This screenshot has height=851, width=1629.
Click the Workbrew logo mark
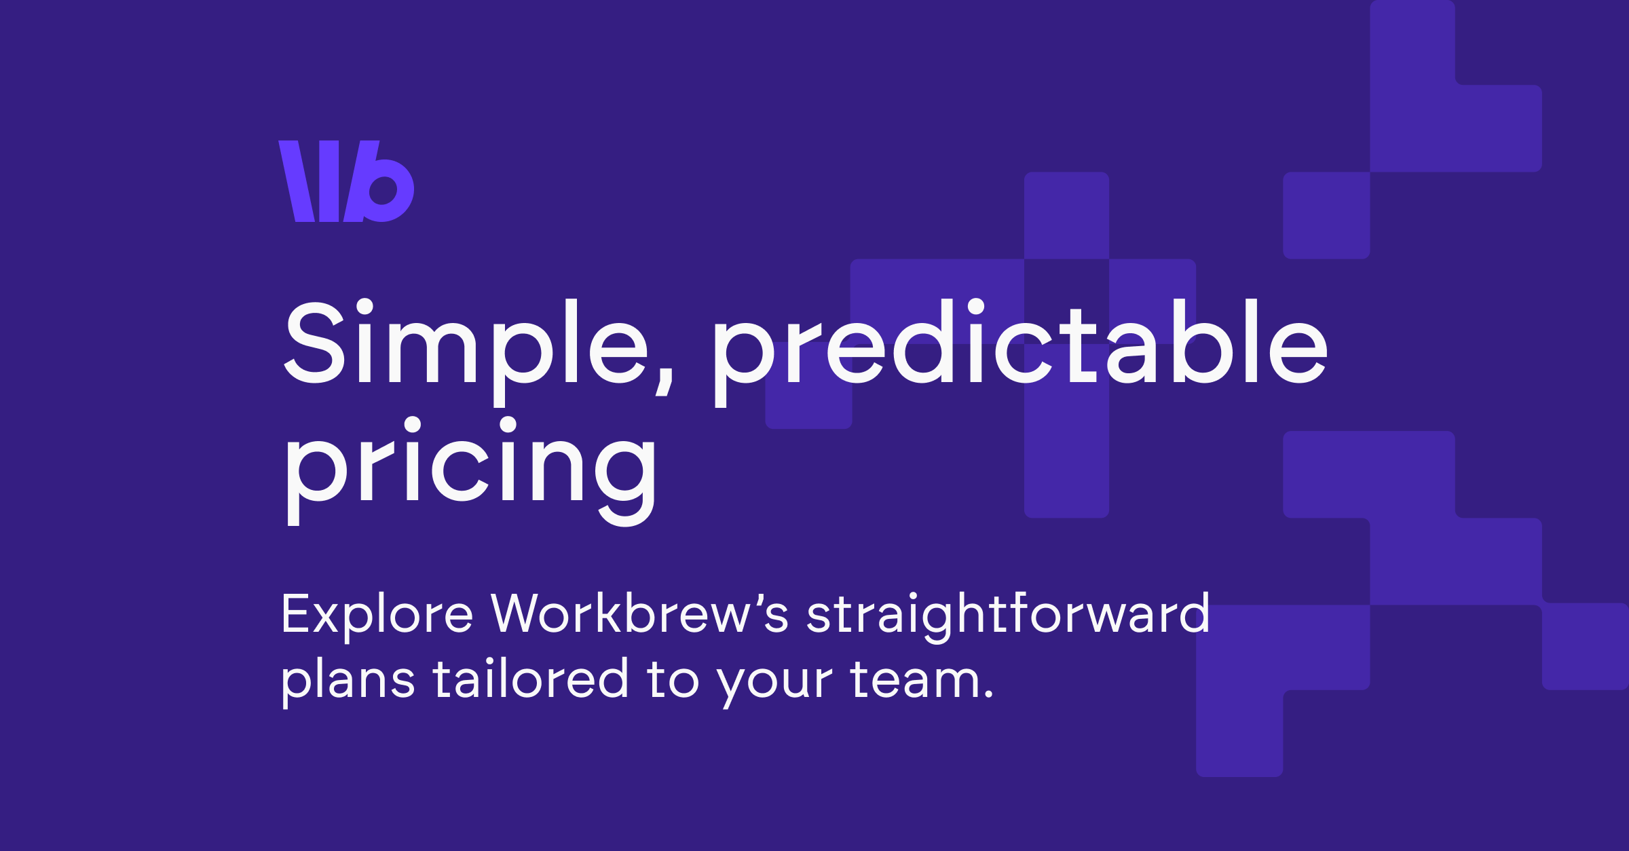(x=346, y=181)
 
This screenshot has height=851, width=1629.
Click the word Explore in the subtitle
(x=377, y=614)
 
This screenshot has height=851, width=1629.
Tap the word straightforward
(x=1008, y=614)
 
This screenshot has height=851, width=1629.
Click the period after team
(x=988, y=695)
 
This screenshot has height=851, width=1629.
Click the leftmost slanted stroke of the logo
(x=297, y=181)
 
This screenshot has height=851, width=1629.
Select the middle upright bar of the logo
(x=329, y=181)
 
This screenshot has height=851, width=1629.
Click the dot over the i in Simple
(x=365, y=306)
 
